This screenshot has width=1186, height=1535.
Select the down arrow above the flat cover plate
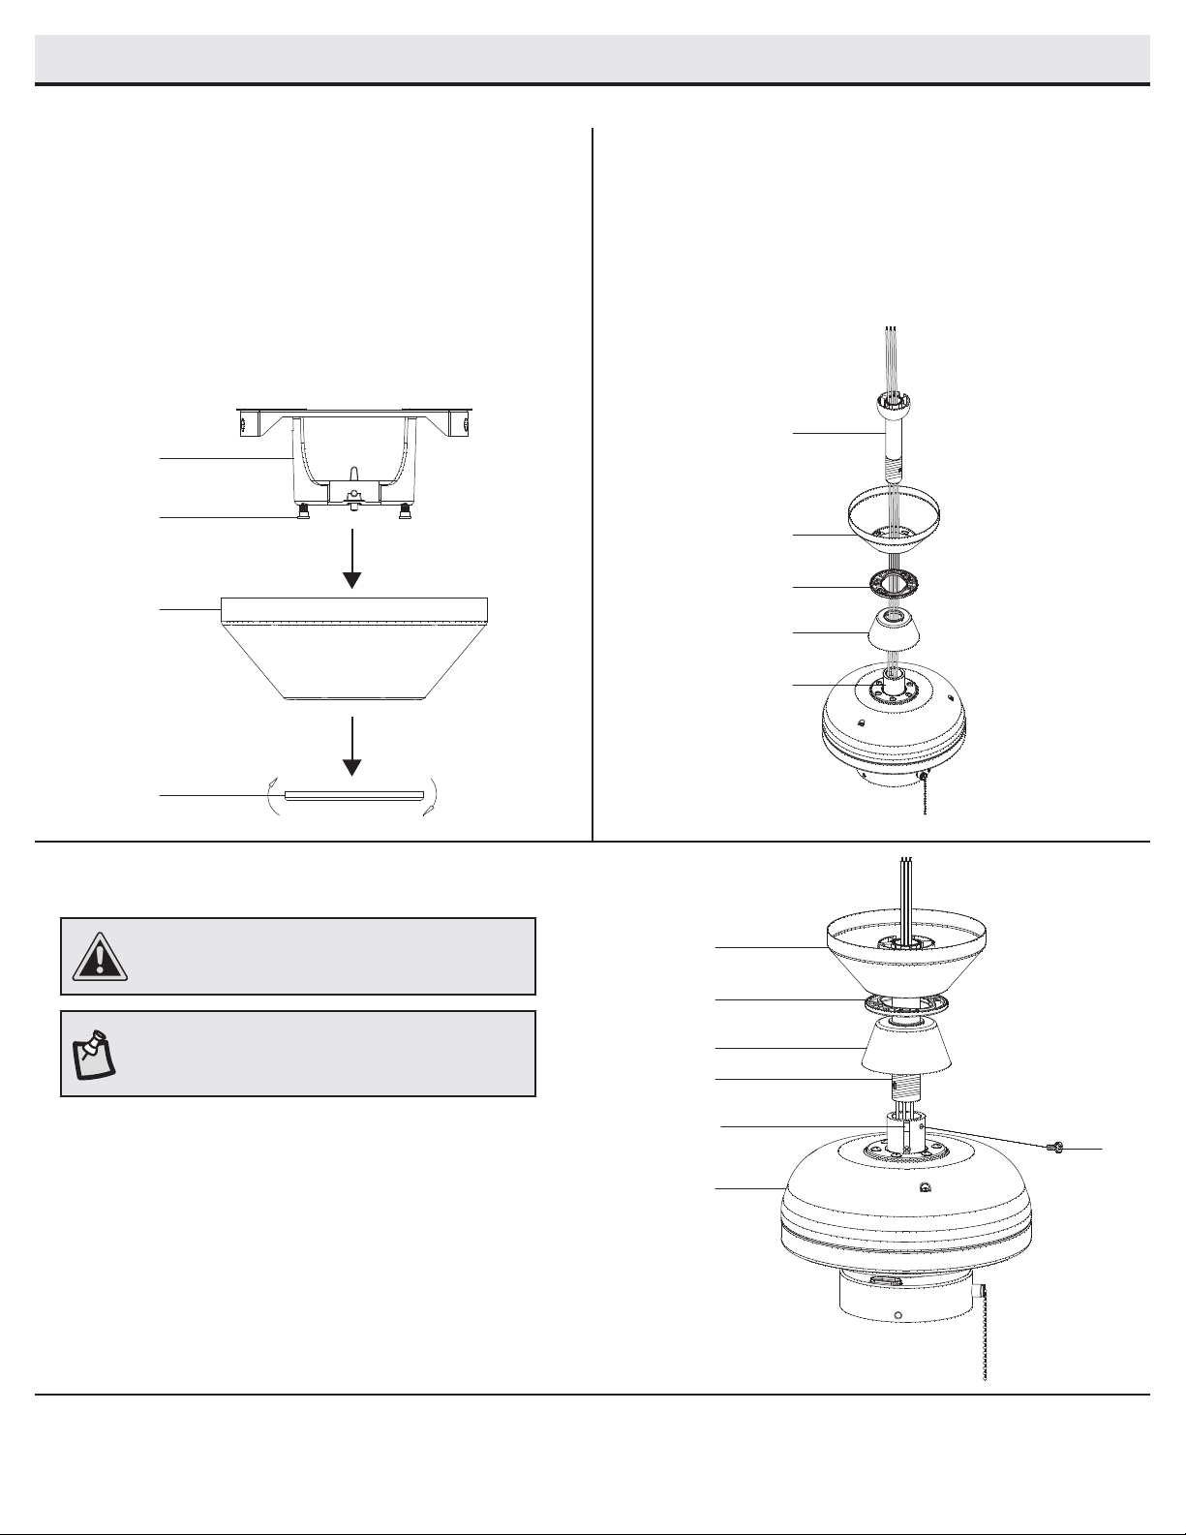tap(352, 746)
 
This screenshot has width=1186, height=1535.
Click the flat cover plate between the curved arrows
tap(354, 795)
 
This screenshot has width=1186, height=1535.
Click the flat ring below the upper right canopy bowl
tap(893, 586)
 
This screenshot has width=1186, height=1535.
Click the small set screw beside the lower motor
tap(1055, 1148)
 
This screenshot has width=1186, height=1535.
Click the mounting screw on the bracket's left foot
tap(301, 512)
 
